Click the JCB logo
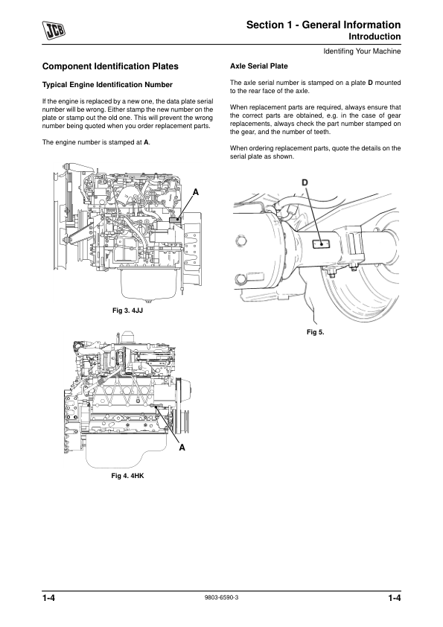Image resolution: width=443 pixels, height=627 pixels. coord(54,31)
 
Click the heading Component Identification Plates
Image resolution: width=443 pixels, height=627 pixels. coord(110,66)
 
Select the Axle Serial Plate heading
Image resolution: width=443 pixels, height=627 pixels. coord(258,66)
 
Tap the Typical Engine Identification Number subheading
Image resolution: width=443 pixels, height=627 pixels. coord(107,85)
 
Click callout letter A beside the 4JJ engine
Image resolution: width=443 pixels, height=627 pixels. coord(196,192)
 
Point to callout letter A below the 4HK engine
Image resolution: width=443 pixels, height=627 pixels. coord(182,448)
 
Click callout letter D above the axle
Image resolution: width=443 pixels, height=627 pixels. coord(305,182)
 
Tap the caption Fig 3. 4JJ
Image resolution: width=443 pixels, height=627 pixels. coord(127,311)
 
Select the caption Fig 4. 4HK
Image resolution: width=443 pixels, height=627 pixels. coord(127,476)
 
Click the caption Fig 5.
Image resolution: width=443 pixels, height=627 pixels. coord(316,332)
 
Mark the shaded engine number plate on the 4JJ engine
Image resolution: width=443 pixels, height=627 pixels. coord(175,220)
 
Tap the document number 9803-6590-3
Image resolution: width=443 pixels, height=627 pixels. coord(221,597)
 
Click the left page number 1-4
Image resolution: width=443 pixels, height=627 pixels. coord(48,598)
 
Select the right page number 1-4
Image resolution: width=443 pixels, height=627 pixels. coord(394,598)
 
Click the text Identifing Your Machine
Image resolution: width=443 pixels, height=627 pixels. coord(362,51)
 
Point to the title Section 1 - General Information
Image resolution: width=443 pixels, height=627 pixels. coord(323,25)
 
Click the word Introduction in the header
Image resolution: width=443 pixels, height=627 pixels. coord(375,36)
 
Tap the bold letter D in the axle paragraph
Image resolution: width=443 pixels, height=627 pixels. coord(370,83)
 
